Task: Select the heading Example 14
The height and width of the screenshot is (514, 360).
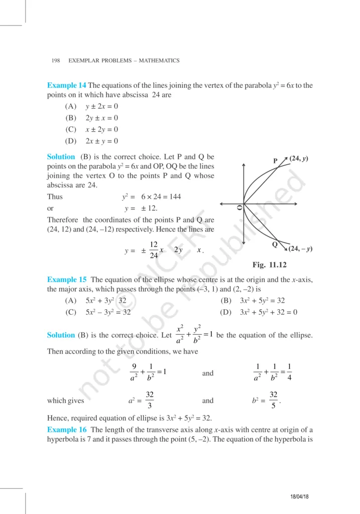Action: (x=66, y=85)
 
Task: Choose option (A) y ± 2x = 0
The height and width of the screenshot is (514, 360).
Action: (x=92, y=106)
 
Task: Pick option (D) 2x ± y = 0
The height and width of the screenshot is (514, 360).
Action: (x=92, y=141)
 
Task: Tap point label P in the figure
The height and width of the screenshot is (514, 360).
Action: (x=275, y=161)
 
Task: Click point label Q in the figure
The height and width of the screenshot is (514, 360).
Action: (x=275, y=244)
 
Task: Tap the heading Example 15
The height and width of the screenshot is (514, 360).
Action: (x=67, y=280)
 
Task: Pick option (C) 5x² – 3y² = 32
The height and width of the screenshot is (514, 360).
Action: (x=98, y=312)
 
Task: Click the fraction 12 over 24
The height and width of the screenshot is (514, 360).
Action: (x=154, y=249)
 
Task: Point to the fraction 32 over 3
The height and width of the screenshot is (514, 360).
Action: (x=150, y=401)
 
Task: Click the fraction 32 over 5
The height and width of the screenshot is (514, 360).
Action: (x=273, y=401)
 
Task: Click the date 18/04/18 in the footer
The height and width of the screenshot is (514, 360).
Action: (x=299, y=496)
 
